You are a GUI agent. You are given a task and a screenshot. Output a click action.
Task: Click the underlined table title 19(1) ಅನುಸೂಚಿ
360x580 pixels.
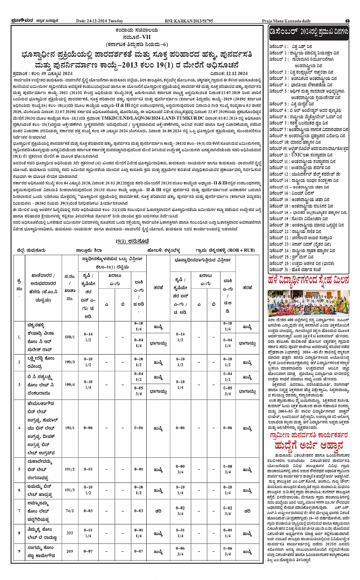pyautogui.click(x=132, y=241)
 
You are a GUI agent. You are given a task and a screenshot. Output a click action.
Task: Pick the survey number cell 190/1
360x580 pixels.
pyautogui.click(x=70, y=337)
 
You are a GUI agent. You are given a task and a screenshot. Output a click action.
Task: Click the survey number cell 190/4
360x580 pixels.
pyautogui.click(x=70, y=385)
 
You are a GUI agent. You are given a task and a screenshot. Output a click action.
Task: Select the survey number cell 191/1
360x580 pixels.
pyautogui.click(x=70, y=428)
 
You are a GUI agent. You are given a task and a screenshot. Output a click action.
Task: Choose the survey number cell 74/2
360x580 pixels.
pyautogui.click(x=70, y=511)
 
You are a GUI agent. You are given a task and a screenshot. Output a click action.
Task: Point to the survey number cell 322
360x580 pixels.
pyautogui.click(x=70, y=533)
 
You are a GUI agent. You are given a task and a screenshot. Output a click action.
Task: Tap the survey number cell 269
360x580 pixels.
pyautogui.click(x=70, y=551)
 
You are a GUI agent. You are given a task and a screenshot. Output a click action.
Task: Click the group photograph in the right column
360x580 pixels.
pyautogui.click(x=308, y=303)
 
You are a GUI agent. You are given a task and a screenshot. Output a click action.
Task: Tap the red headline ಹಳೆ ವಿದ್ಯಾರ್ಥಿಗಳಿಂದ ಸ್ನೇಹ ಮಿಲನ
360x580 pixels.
pyautogui.click(x=308, y=281)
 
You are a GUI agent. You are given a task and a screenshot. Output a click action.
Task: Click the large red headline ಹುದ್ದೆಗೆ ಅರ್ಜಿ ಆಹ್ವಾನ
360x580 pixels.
pyautogui.click(x=308, y=445)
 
